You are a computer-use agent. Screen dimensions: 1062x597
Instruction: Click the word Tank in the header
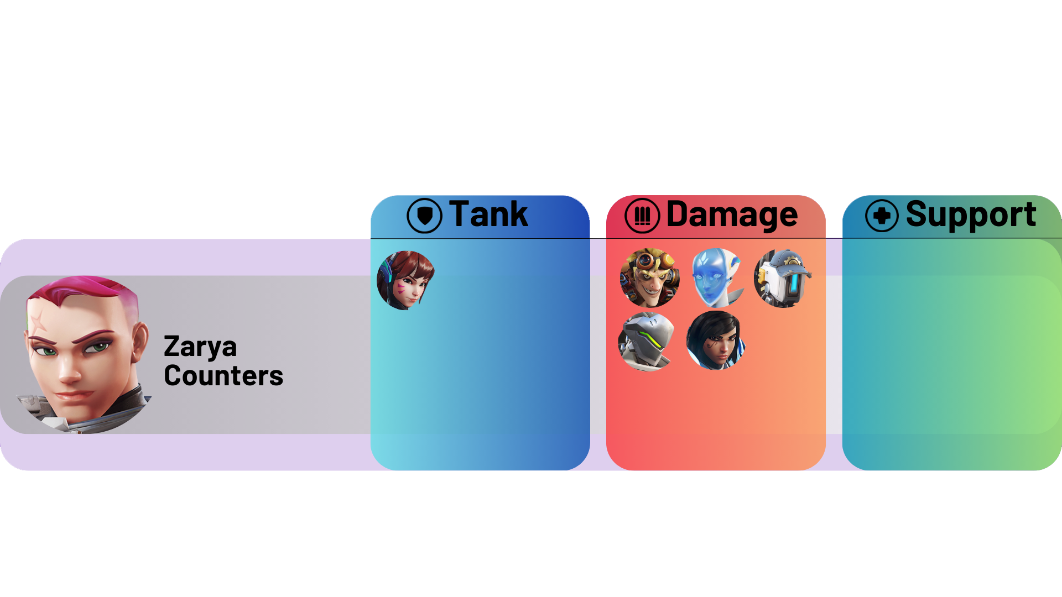pos(488,214)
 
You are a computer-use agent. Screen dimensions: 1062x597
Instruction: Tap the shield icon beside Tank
pos(424,216)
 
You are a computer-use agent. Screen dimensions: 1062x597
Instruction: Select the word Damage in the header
pos(732,214)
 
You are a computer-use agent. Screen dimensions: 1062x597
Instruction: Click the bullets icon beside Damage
pos(642,216)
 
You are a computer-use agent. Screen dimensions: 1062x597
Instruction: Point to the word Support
pos(971,214)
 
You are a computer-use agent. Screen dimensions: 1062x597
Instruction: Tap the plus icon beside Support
pos(882,216)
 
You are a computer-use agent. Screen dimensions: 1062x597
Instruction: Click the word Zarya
pos(200,347)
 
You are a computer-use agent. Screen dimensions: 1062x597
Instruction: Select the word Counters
pos(223,376)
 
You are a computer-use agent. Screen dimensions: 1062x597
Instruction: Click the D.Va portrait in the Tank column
pos(405,280)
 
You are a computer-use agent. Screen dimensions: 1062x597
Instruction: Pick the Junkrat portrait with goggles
pos(649,278)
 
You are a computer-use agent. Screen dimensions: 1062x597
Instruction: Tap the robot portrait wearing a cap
pos(782,278)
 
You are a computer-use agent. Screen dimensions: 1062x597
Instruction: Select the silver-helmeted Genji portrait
pos(647,341)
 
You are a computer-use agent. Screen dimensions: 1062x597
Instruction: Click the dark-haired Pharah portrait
pos(715,341)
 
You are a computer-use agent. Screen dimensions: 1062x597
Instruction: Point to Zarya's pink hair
pos(88,293)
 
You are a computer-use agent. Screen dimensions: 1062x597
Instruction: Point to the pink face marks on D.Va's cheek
pos(399,288)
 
